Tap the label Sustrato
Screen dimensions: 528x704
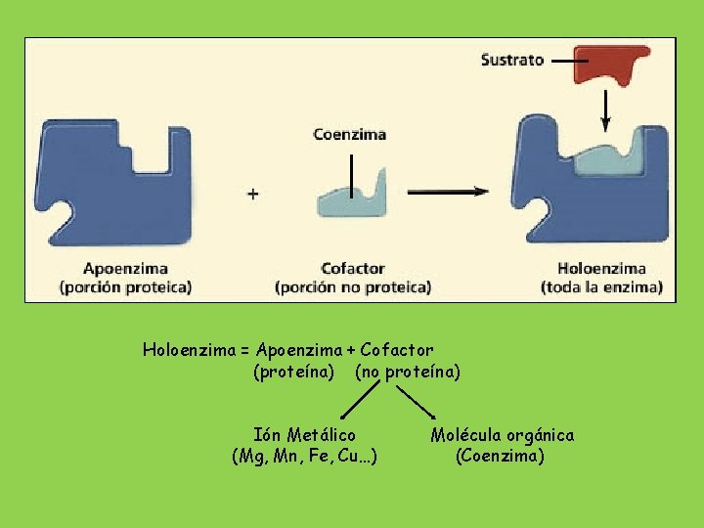click(512, 60)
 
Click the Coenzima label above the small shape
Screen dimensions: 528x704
click(349, 135)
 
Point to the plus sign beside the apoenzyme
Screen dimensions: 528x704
click(253, 195)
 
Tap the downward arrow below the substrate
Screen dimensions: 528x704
click(605, 110)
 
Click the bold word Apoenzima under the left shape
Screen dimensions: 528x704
click(126, 268)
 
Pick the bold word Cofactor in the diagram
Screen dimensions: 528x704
click(353, 268)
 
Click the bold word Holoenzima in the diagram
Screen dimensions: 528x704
click(601, 268)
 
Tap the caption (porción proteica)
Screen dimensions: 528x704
click(125, 287)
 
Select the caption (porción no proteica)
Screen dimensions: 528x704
click(353, 287)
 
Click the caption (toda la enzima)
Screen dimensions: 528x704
click(601, 287)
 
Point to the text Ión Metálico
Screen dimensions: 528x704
click(304, 434)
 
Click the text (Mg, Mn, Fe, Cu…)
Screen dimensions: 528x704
click(304, 456)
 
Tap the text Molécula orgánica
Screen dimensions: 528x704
click(503, 434)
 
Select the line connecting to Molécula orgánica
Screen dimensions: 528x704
click(417, 401)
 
